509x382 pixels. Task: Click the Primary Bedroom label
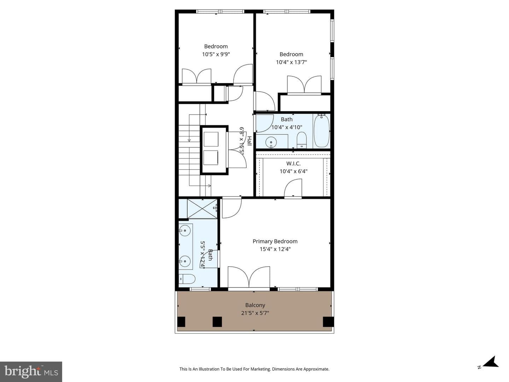275,242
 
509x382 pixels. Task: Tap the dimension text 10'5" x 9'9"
216,54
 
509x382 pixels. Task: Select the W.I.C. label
293,163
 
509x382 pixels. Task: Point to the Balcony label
255,305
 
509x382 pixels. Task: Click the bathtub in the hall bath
322,131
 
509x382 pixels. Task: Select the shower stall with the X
202,209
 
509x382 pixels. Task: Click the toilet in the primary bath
187,279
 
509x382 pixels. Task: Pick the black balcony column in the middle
217,322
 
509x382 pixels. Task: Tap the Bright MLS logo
31,372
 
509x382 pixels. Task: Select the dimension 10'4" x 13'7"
291,62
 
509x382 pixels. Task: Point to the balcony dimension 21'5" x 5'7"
255,313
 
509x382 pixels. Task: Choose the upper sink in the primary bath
185,231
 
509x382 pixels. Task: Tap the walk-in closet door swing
293,188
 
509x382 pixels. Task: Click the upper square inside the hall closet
211,139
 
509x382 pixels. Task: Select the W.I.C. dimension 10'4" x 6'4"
293,171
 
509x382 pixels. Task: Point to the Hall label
249,141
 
